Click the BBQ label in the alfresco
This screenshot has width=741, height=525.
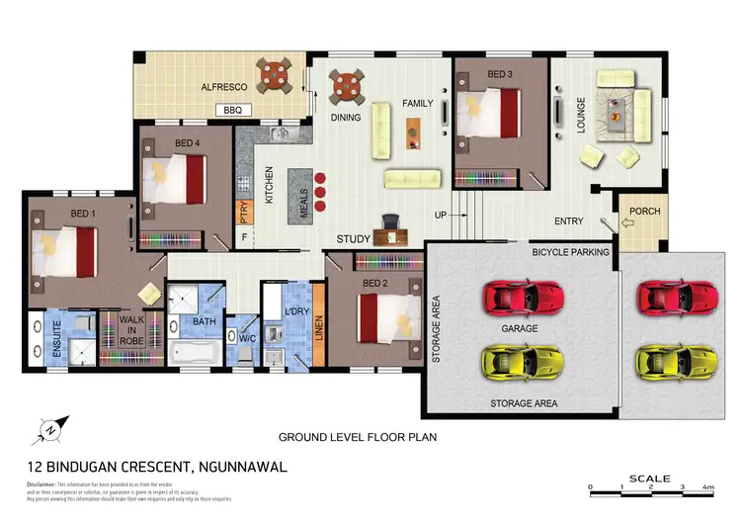point(233,110)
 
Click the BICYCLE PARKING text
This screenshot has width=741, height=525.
point(569,252)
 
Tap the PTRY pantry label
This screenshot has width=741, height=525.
point(243,213)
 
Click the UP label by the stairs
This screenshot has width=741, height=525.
point(443,216)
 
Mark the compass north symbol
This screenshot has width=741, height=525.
point(51,429)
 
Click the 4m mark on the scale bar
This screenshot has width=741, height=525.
point(707,488)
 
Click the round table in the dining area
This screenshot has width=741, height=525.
point(347,85)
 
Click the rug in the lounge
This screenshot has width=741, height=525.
point(619,104)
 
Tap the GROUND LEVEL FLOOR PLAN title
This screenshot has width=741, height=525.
point(357,435)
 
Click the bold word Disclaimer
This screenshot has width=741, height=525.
point(42,483)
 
